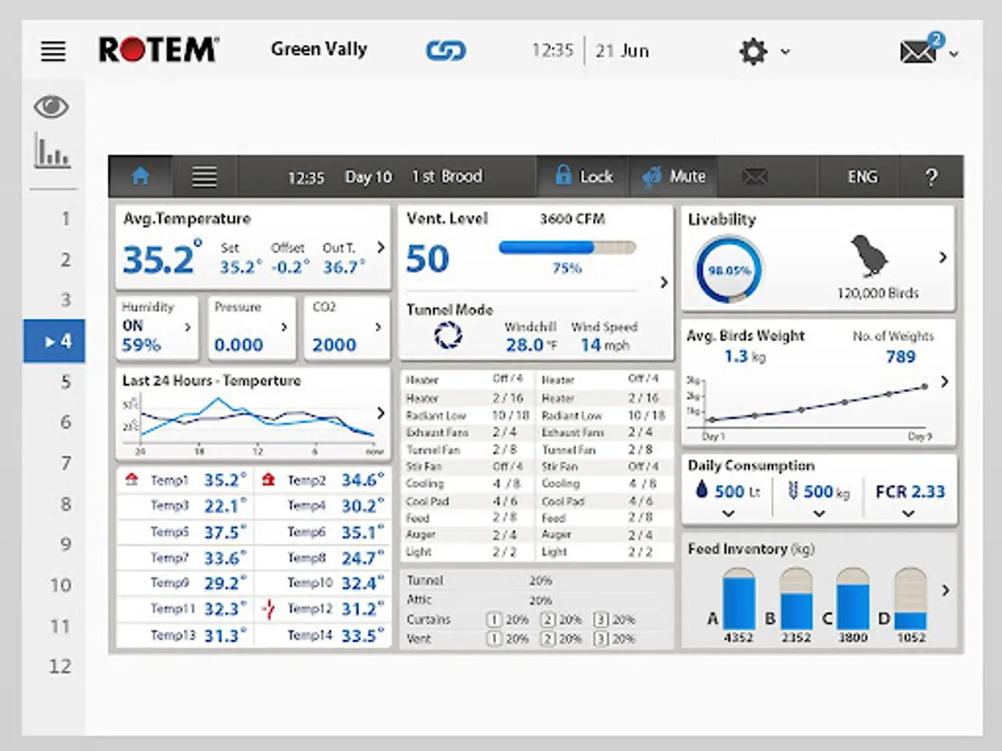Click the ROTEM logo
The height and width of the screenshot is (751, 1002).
[x=159, y=50]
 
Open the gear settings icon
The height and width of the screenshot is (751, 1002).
[x=753, y=52]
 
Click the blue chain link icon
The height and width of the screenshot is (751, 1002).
[x=445, y=51]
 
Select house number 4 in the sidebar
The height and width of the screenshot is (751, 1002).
[x=55, y=341]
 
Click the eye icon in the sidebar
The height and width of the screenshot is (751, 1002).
[x=51, y=107]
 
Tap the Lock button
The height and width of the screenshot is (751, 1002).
[x=584, y=177]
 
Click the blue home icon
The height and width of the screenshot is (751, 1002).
[x=140, y=177]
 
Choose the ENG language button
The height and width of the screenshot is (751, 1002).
[x=863, y=177]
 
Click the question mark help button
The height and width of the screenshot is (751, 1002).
[x=932, y=177]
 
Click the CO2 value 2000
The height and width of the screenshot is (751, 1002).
[x=334, y=345]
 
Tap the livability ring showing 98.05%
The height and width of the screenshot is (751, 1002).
[x=729, y=270]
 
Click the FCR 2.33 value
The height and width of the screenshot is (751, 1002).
[x=909, y=491]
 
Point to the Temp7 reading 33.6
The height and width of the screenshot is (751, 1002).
[x=225, y=558]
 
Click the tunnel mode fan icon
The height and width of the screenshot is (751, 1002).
[x=448, y=335]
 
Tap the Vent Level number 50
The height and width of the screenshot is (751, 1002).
[x=428, y=259]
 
